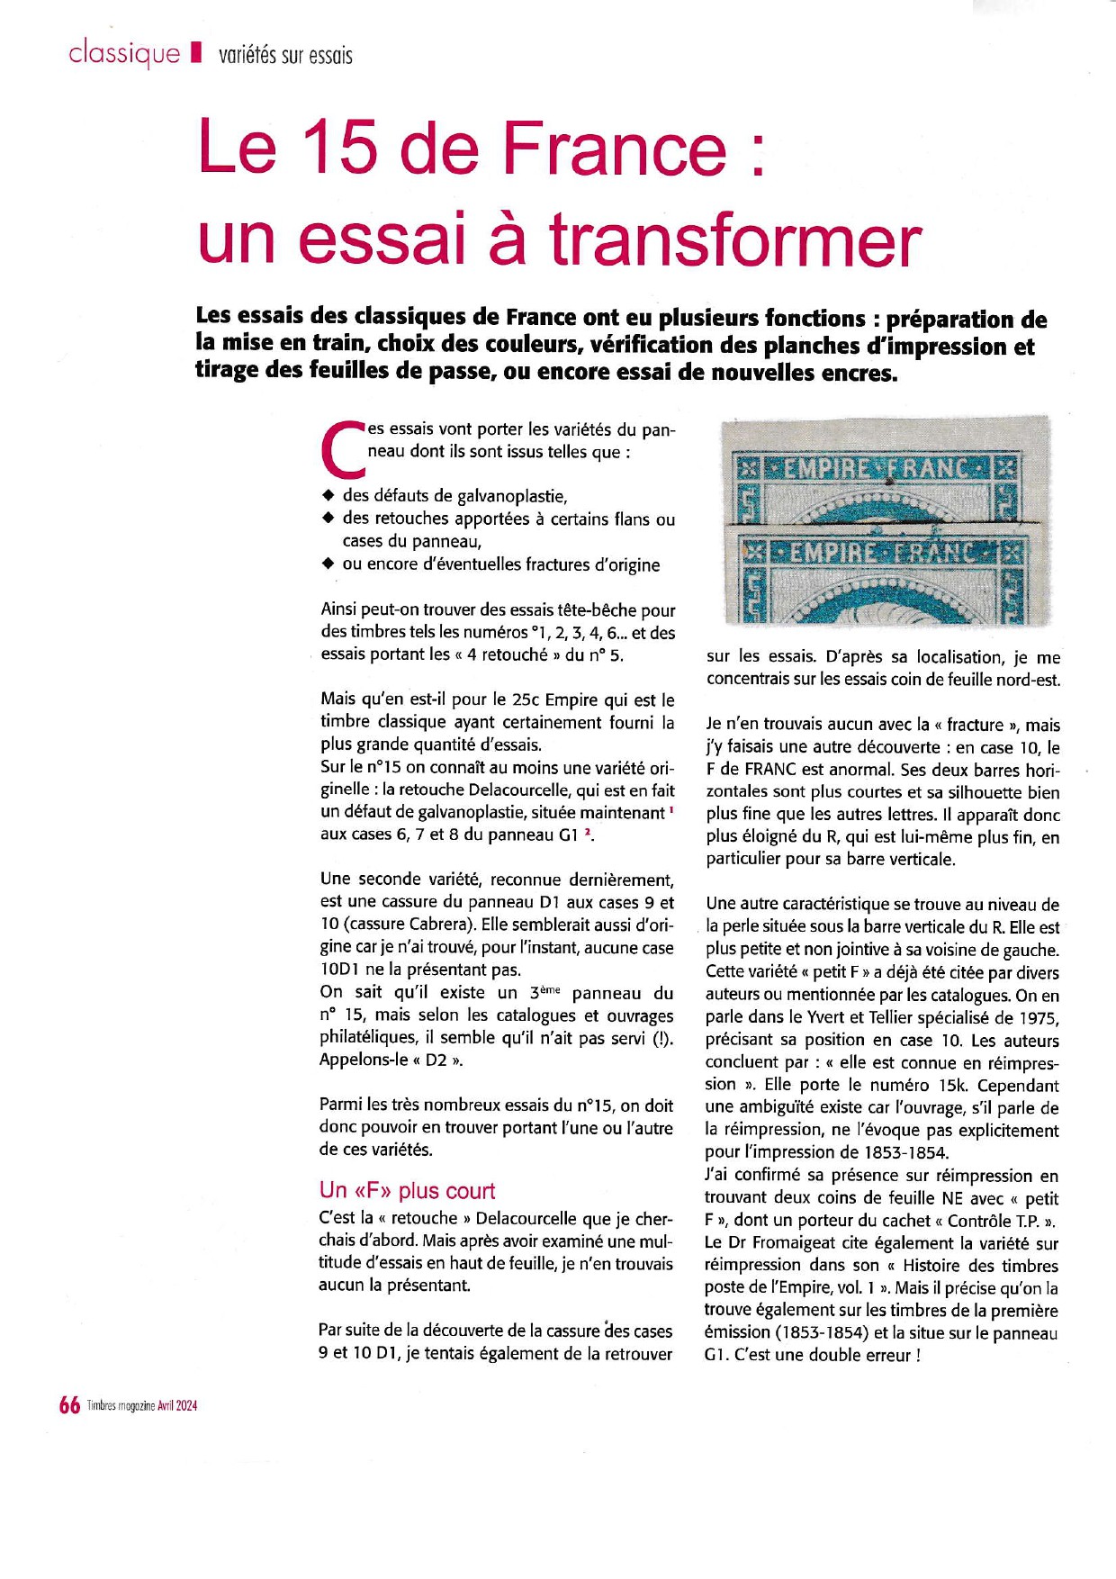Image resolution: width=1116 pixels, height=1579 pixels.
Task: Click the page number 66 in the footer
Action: [x=69, y=1405]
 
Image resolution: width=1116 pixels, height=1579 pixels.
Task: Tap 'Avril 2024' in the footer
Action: [x=177, y=1406]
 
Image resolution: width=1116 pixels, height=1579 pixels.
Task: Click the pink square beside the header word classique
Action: [x=195, y=54]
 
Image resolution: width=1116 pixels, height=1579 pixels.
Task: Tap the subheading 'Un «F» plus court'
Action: [x=407, y=1190]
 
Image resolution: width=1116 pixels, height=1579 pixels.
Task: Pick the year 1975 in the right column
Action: [x=1039, y=1018]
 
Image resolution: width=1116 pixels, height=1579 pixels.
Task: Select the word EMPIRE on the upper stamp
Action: [x=826, y=469]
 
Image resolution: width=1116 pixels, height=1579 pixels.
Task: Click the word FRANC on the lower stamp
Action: [x=940, y=551]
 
